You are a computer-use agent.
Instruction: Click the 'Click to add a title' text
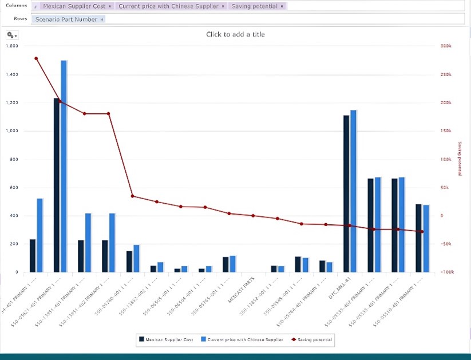235,34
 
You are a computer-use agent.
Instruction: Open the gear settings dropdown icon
12,35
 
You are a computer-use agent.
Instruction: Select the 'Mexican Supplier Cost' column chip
77,6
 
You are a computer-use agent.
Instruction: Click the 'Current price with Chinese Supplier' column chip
169,6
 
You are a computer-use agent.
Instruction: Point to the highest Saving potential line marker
36,58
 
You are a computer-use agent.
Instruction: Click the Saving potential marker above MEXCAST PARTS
253,216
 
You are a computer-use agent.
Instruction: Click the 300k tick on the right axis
446,46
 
